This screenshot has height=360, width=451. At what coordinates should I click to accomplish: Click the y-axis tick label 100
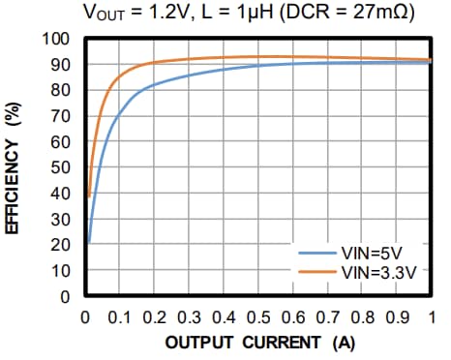[x=59, y=40]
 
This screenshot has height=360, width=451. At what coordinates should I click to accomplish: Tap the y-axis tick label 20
[x=63, y=246]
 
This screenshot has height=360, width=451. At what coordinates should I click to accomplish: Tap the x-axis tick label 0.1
[x=117, y=315]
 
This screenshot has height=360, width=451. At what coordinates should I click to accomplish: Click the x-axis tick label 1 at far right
[x=432, y=315]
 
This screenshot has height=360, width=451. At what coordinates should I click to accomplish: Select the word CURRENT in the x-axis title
[x=284, y=343]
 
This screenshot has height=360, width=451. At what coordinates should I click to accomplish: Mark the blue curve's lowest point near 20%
[x=89, y=242]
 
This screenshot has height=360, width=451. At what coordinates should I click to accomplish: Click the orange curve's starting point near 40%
[x=89, y=196]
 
